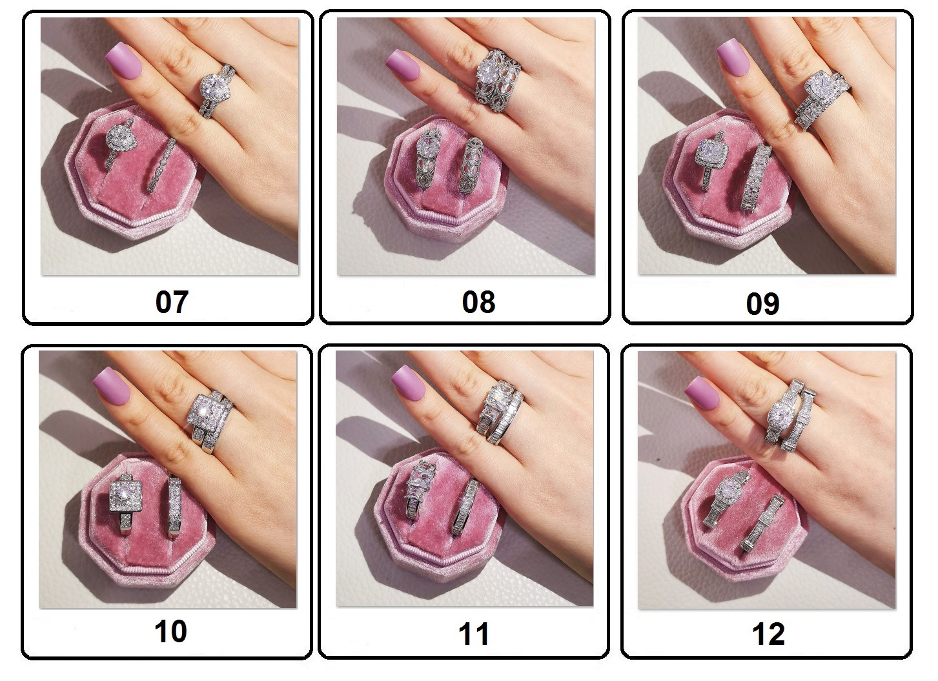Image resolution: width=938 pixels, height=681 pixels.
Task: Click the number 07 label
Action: (172, 302)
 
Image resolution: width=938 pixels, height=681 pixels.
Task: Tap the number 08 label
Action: (478, 302)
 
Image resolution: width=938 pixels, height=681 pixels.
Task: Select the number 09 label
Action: (762, 304)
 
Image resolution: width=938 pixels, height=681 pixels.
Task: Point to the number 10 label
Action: (171, 631)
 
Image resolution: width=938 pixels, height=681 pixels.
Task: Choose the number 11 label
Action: (474, 634)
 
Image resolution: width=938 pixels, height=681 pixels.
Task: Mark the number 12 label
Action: (768, 634)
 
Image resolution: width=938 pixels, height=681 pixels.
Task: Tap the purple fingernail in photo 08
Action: (402, 65)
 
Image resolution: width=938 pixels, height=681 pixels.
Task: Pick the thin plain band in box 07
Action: (163, 165)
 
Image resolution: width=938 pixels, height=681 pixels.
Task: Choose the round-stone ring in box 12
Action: (726, 498)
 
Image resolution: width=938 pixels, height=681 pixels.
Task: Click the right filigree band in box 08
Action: (471, 165)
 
